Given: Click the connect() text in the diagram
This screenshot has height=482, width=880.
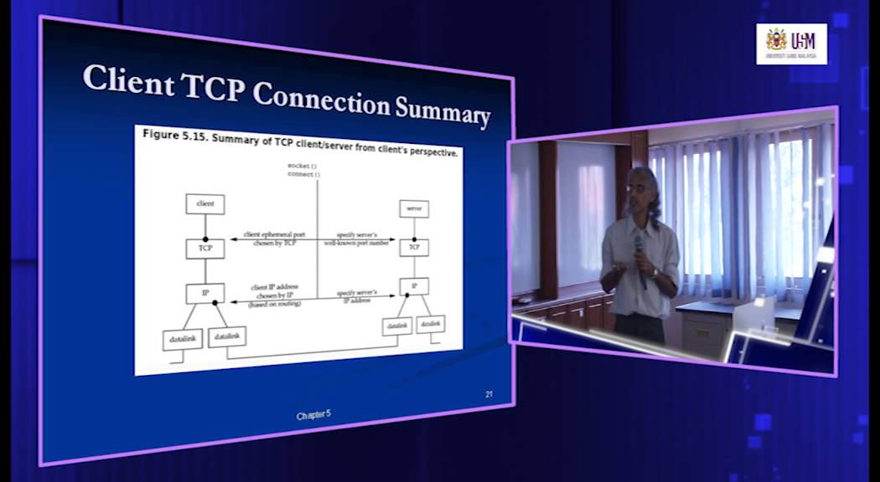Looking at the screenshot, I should coord(303,174).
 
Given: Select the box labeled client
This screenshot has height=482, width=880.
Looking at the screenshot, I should coord(205,203).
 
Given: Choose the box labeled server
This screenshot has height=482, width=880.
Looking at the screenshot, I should coord(414,208).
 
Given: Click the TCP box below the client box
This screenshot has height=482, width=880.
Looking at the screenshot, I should coord(205,249).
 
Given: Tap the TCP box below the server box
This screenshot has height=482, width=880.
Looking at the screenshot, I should coord(414,248).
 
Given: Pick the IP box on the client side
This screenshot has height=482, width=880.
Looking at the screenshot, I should coord(205,293).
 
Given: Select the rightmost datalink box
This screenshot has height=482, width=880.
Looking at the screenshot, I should coord(431,323).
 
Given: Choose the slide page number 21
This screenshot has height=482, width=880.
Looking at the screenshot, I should coord(489,393).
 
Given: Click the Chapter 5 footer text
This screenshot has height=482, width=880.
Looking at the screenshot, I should coord(314,416).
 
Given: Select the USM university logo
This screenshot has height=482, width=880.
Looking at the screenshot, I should coord(791,44).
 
